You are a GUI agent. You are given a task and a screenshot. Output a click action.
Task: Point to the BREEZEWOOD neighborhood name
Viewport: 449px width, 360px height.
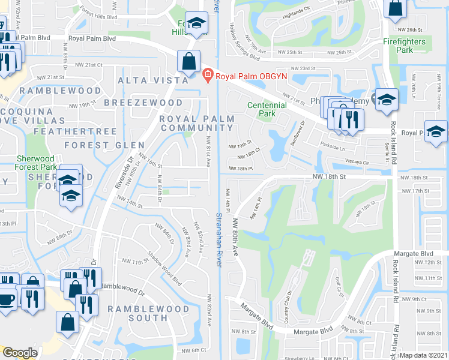(143, 103)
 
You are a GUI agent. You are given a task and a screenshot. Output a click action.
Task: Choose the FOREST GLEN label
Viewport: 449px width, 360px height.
(104, 145)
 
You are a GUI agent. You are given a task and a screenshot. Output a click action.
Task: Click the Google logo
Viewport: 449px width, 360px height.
(20, 353)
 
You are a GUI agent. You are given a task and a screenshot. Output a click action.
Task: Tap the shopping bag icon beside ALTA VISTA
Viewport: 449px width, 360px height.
(189, 61)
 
